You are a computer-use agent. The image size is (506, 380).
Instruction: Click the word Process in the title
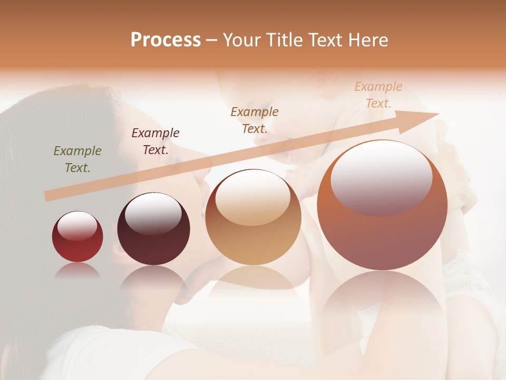(166, 40)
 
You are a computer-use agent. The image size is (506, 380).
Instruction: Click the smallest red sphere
(77, 237)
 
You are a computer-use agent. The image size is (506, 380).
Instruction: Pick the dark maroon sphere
(153, 229)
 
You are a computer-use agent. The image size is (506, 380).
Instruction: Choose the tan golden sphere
(253, 217)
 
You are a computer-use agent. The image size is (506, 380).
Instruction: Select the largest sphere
(382, 205)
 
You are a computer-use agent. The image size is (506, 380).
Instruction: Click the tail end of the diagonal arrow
(46, 196)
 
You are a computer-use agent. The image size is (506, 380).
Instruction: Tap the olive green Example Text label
(77, 159)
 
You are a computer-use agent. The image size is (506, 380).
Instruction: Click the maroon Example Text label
(155, 141)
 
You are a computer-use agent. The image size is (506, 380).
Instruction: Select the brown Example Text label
(255, 120)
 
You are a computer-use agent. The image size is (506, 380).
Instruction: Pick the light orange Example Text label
(378, 94)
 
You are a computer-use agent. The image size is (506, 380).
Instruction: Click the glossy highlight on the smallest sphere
(77, 226)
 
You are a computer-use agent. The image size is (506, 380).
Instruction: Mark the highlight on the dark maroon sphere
(153, 213)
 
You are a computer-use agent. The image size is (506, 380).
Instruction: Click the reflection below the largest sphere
(382, 298)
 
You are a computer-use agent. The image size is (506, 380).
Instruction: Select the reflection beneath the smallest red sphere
(77, 271)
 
